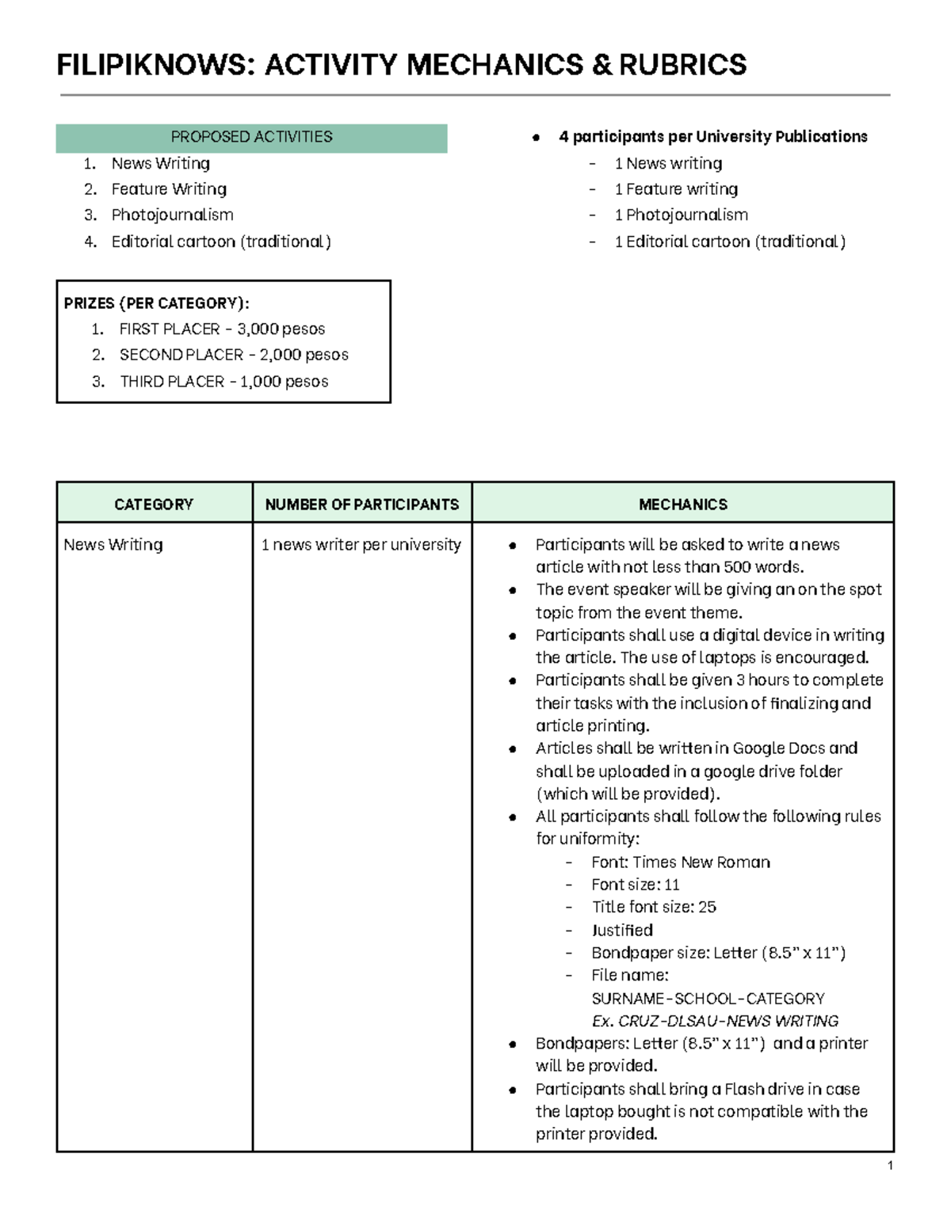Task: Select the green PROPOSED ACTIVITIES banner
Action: coord(251,137)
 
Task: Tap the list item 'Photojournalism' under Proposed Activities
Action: coord(172,215)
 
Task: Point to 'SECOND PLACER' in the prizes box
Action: coord(181,355)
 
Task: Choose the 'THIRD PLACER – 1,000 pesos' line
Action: coord(223,382)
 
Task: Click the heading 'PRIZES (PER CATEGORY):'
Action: coord(156,303)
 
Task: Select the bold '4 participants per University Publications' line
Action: coord(712,137)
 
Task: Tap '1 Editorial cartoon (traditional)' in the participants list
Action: coord(729,242)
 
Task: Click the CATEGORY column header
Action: coord(154,505)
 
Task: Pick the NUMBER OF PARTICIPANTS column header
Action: coord(362,505)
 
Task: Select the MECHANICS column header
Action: coord(682,505)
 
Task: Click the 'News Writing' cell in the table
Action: coord(113,545)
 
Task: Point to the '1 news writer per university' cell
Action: coord(361,545)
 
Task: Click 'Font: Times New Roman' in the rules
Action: coord(680,862)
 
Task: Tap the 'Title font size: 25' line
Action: coord(653,907)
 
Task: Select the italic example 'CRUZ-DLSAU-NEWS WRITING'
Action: coord(728,1021)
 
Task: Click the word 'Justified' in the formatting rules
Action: coord(622,930)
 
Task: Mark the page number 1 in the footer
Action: coord(890,1165)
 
